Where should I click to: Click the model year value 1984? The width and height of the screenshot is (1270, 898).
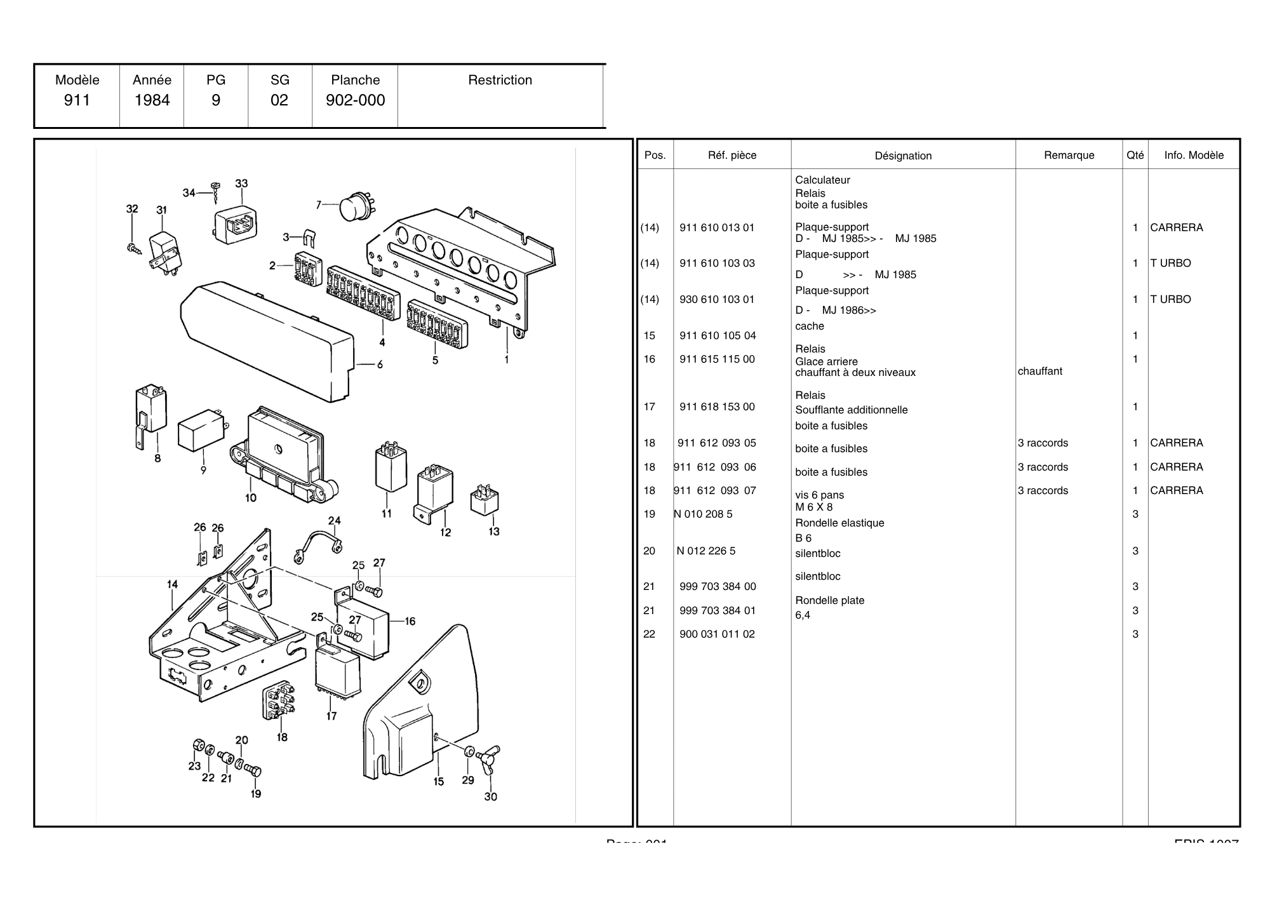click(152, 100)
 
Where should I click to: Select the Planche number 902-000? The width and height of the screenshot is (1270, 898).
click(355, 100)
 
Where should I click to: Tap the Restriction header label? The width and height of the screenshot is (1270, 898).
click(500, 80)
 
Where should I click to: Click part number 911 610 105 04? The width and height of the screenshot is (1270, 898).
click(717, 335)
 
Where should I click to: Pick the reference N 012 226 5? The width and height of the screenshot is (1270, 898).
click(705, 551)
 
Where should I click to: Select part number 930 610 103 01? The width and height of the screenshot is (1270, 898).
click(717, 299)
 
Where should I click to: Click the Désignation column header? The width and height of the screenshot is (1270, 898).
click(903, 156)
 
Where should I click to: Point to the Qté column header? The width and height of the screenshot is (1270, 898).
click(1135, 155)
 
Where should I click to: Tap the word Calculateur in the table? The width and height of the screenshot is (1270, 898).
click(822, 180)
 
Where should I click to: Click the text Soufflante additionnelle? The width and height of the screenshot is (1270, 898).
click(851, 410)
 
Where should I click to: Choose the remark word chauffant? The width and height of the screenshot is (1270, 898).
click(1039, 371)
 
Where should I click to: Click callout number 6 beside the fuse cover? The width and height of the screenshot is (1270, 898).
click(380, 365)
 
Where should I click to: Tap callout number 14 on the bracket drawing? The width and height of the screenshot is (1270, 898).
click(172, 584)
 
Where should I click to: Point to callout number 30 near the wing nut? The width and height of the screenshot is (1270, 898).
click(490, 796)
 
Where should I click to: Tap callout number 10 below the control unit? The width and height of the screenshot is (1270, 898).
click(251, 498)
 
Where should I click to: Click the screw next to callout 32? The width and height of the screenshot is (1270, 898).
click(134, 248)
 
